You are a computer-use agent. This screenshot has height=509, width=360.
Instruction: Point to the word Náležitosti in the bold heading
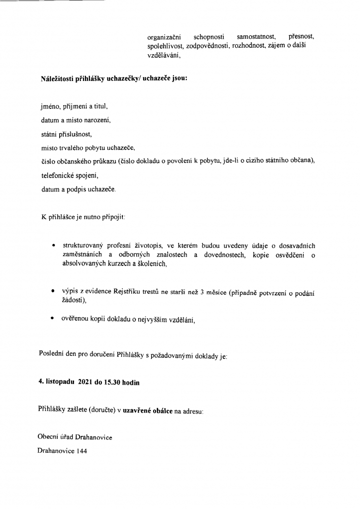click(x=56, y=79)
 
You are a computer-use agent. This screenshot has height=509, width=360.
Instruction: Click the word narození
click(x=99, y=121)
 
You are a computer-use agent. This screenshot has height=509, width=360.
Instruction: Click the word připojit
click(x=114, y=218)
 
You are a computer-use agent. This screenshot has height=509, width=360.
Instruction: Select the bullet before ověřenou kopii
click(x=53, y=320)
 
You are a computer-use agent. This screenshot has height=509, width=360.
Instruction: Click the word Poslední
click(x=51, y=354)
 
